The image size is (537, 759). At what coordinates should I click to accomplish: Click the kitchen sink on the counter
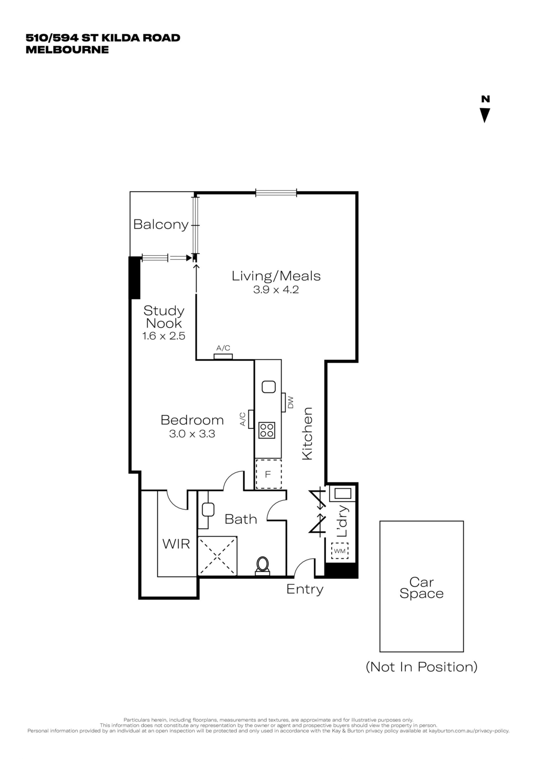pos(268,387)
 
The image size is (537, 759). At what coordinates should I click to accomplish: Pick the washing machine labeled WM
pos(340,551)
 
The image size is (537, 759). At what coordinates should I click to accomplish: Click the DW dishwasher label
pos(291,402)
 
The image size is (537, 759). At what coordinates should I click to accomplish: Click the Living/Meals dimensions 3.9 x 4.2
pos(276,290)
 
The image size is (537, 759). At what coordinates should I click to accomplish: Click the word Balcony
pos(161,225)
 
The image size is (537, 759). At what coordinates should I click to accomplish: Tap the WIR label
pos(176,544)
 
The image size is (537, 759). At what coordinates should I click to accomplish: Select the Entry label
pos(305,589)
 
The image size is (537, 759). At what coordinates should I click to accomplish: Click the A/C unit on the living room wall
pos(223,357)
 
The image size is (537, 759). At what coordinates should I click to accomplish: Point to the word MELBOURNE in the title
pos(67,49)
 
